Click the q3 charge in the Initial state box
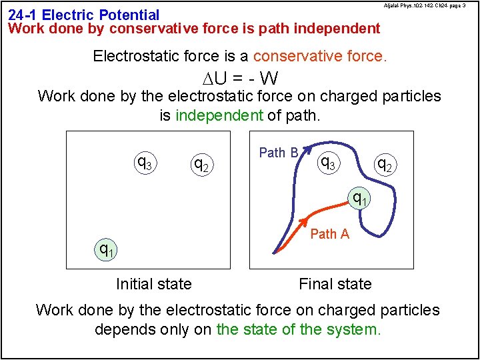143,162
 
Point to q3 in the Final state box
328,161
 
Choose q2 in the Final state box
384,163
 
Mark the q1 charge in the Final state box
360,197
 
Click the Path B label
278,153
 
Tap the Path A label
329,233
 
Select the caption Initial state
153,284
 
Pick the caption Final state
335,284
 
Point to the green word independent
219,115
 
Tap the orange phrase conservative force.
319,56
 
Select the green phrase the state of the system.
299,329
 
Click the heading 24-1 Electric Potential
84,14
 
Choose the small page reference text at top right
431,5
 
